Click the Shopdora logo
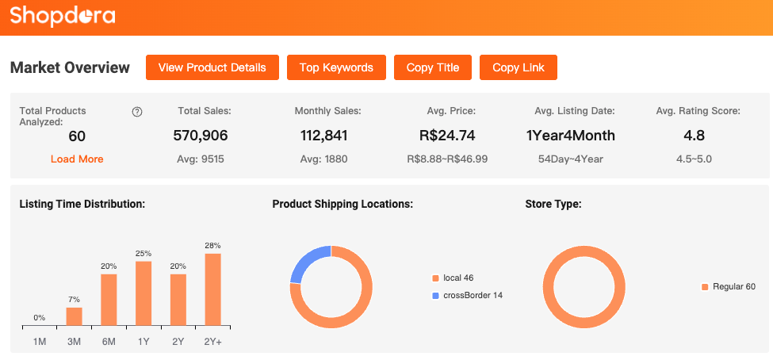63,15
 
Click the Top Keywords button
336,67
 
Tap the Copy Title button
433,67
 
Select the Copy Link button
519,67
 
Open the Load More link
77,159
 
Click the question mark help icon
137,112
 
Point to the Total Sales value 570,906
200,136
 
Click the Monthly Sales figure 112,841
323,136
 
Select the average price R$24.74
447,136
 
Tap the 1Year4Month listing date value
571,136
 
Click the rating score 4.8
694,136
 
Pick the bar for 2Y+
213,289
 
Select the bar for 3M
74,316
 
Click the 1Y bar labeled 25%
144,293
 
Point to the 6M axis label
109,341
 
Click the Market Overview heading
70,67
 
